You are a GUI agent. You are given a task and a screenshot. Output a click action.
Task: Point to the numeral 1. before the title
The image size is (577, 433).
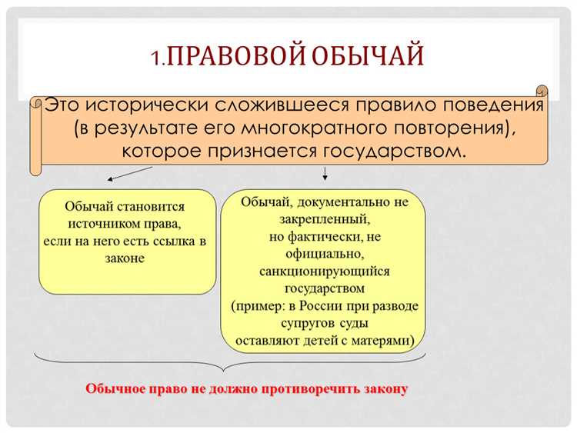click(159, 59)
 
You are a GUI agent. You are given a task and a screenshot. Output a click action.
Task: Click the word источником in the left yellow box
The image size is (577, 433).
click(105, 225)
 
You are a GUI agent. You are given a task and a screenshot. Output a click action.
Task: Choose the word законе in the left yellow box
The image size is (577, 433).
click(125, 258)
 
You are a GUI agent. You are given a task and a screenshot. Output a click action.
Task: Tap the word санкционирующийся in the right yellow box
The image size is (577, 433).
click(324, 271)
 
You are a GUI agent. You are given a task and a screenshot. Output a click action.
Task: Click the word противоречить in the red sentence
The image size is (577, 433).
click(305, 388)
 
